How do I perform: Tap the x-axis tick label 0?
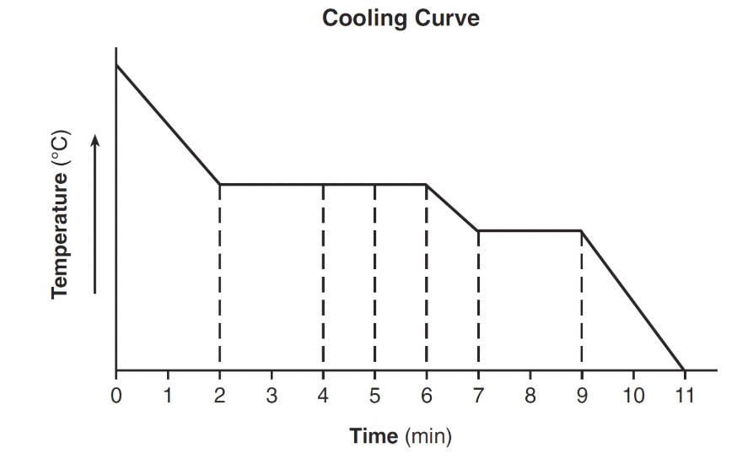tap(116, 394)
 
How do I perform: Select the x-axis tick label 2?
tap(219, 394)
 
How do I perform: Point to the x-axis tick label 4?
tap(323, 394)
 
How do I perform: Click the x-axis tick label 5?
tap(374, 394)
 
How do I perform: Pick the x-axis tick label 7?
tap(478, 394)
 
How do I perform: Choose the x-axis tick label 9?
tap(581, 394)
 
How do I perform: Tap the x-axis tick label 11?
tap(684, 394)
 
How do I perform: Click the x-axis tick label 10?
tap(632, 394)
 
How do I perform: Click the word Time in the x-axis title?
tap(374, 436)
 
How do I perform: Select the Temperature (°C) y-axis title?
tap(60, 214)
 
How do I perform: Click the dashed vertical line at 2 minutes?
tap(219, 278)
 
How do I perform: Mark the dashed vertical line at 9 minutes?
tap(581, 300)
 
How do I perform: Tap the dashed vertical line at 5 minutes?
tap(374, 278)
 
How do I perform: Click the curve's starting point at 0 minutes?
tap(116, 64)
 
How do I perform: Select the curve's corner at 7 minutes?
tap(478, 230)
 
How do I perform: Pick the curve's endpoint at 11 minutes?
tap(684, 370)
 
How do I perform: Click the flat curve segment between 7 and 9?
tap(530, 230)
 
